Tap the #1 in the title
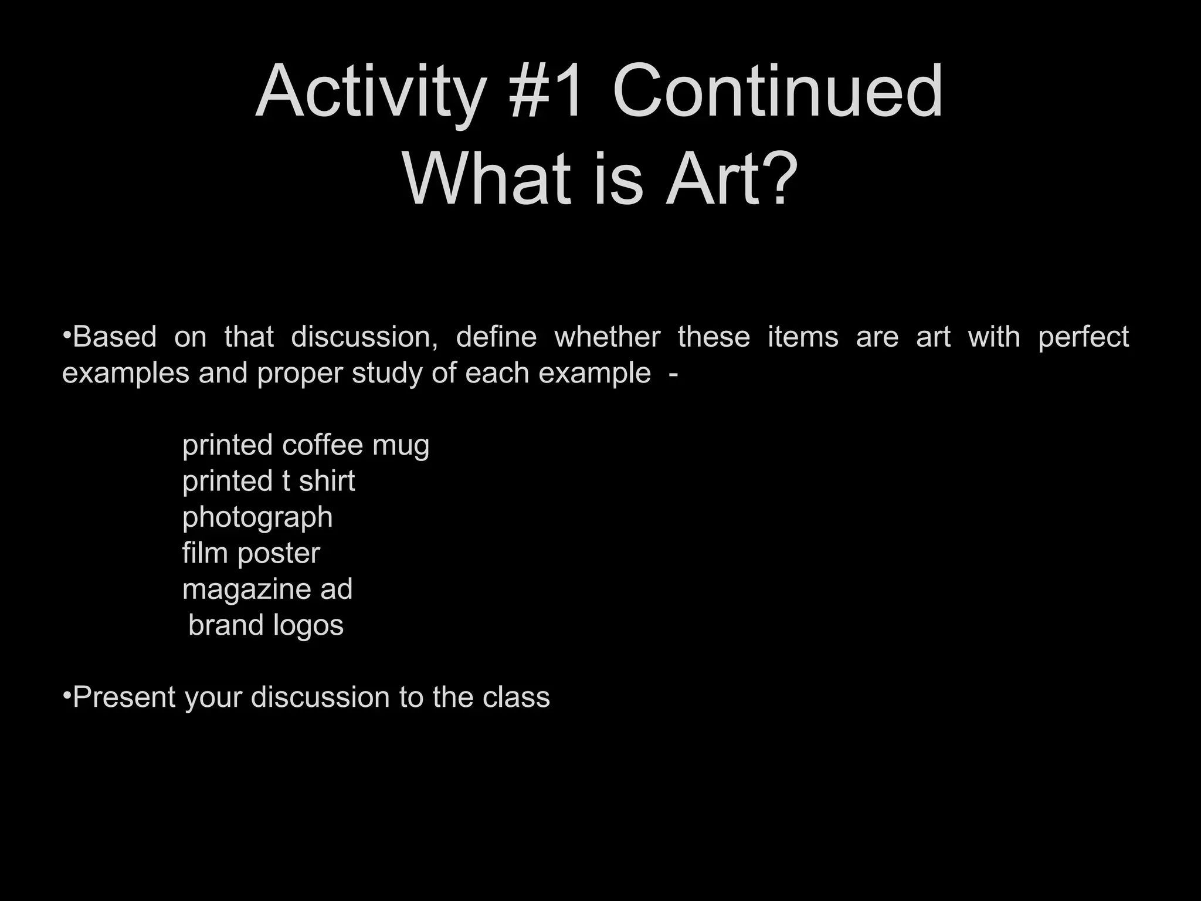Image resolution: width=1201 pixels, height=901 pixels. point(547,92)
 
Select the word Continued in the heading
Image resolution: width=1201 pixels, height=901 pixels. point(777,92)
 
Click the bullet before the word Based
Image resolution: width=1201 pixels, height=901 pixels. point(67,335)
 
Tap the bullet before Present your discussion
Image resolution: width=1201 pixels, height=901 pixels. point(67,695)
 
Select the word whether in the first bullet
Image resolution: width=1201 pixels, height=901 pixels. point(607,337)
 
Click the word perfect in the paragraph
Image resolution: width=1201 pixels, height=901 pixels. point(1083,337)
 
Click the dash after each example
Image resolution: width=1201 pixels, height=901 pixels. point(673,374)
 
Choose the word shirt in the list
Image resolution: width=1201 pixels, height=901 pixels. point(327,481)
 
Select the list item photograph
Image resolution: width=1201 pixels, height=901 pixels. point(257,518)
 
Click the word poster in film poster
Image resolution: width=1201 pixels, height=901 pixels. point(279,554)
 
